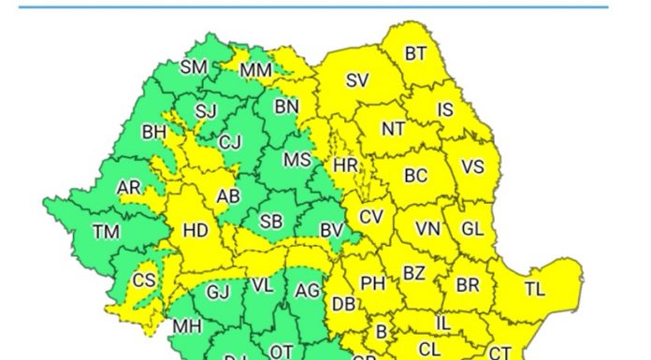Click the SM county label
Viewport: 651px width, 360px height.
pos(194,67)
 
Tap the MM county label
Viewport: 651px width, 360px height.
pos(255,71)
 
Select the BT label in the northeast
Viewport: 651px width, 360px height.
pos(415,54)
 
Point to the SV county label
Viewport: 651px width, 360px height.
pos(357,81)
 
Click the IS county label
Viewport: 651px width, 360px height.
pos(445,110)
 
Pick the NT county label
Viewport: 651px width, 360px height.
pos(393,129)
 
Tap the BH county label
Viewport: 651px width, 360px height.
pos(153,133)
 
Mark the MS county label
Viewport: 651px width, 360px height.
pos(297,161)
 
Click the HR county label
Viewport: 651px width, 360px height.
pos(345,166)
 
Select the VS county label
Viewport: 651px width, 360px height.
pos(473,168)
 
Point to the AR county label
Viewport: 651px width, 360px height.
pos(128,188)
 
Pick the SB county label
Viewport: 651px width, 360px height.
pos(271,222)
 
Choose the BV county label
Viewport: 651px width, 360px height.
pos(331,229)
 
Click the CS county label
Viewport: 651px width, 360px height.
pos(143,281)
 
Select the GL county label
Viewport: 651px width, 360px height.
pos(472,228)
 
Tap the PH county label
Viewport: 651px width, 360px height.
pos(373,282)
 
